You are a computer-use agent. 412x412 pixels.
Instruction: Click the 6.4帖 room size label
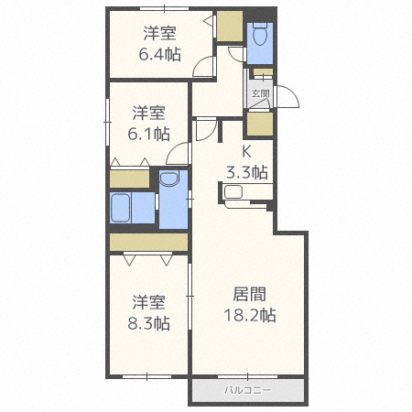pos(159,55)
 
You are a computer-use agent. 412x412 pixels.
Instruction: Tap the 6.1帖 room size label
pos(148,134)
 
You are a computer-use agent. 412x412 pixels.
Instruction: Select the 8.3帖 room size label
pos(148,323)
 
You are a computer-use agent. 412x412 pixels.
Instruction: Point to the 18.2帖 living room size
pos(250,315)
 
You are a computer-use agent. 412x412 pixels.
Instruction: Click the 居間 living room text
pos(249,294)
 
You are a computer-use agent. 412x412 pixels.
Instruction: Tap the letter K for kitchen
pos(246,151)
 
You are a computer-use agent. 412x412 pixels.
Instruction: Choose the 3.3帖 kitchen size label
pos(247,172)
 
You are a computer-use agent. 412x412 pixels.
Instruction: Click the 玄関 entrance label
pos(260,93)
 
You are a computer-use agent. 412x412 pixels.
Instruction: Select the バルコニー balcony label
pos(247,390)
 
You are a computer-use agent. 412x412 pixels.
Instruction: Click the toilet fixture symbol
pos(260,35)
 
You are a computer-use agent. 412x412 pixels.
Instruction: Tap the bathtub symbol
pos(120,208)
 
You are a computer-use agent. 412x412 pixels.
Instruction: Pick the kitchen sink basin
pos(233,192)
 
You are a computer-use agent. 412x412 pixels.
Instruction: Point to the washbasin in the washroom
pos(168,179)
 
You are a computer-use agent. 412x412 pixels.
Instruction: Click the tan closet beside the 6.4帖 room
pos(230,26)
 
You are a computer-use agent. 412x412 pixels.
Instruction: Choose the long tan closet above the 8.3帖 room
pos(148,243)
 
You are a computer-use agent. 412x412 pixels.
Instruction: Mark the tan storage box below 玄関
pos(260,124)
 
